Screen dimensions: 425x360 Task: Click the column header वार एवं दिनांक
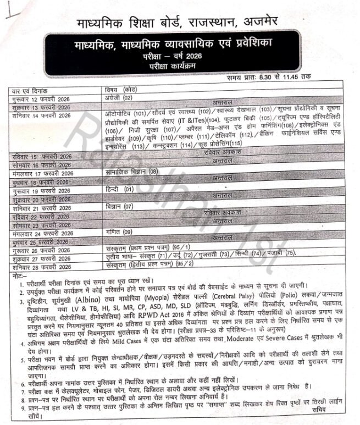pyautogui.click(x=30, y=90)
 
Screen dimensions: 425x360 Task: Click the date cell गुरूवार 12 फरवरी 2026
pyautogui.click(x=41, y=97)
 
